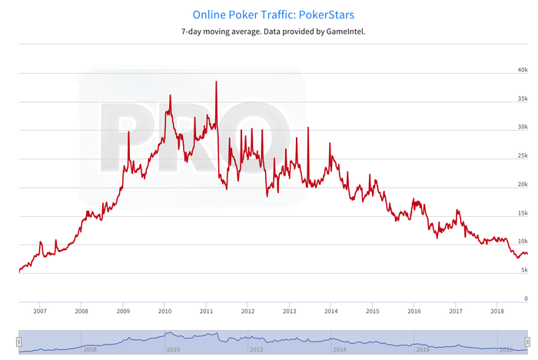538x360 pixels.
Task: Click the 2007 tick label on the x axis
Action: point(40,312)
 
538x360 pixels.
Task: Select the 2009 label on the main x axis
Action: point(123,312)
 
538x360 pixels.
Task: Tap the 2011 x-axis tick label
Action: point(206,312)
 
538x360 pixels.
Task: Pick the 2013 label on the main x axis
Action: point(289,312)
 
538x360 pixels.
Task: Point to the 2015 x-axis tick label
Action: point(372,312)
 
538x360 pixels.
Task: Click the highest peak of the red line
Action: point(216,82)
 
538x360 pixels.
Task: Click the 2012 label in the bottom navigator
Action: point(256,348)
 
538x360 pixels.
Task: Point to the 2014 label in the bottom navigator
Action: point(339,348)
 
